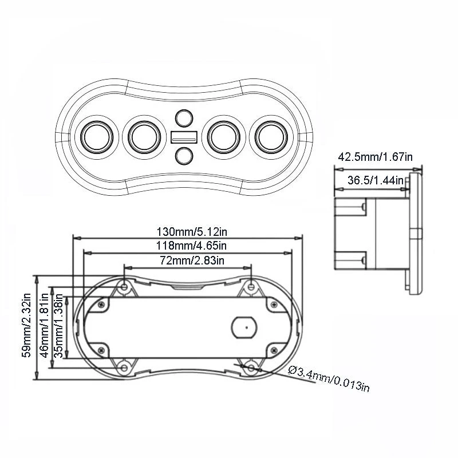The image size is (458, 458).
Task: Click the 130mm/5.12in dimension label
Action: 188,232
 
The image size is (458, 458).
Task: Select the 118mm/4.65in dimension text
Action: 188,246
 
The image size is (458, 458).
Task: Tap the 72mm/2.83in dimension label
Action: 188,260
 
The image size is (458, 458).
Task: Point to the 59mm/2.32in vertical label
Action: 26,326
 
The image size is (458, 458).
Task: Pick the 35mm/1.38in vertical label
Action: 58,326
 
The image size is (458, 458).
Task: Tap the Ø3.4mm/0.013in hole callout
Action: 329,380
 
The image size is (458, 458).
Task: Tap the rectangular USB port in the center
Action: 184,137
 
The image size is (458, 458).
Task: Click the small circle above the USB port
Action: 184,119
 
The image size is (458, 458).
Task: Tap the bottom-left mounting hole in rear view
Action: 125,367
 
